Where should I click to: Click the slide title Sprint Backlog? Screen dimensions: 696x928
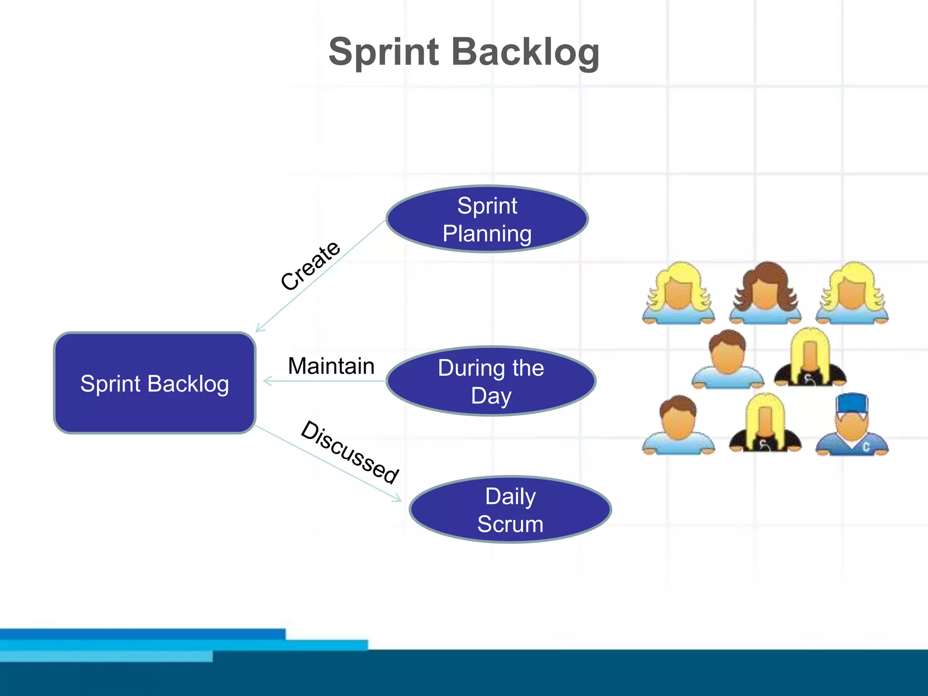tap(464, 52)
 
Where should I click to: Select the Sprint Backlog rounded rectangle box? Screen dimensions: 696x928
tap(155, 383)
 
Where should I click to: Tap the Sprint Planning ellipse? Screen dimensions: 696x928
tap(487, 219)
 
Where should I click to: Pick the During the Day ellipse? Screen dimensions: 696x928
tap(491, 381)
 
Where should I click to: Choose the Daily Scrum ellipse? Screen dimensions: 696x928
tap(510, 510)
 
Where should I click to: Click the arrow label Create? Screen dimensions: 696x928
tap(310, 266)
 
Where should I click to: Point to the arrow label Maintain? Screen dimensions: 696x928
tap(331, 366)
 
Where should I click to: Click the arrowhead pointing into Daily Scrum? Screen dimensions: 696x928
tap(398, 498)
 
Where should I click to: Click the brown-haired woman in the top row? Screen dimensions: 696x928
tap(765, 293)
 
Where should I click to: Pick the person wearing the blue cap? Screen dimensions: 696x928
tap(852, 424)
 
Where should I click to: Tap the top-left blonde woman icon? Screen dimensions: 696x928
tap(678, 293)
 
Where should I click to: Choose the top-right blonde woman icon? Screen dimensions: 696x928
tap(852, 293)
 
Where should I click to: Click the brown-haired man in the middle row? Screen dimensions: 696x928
tap(727, 358)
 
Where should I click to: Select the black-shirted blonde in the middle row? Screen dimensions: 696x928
tap(810, 358)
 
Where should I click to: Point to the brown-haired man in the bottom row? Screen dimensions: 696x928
tap(678, 424)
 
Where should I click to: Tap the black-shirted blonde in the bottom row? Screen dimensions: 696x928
tap(765, 424)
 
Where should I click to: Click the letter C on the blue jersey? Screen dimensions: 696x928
tap(866, 447)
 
